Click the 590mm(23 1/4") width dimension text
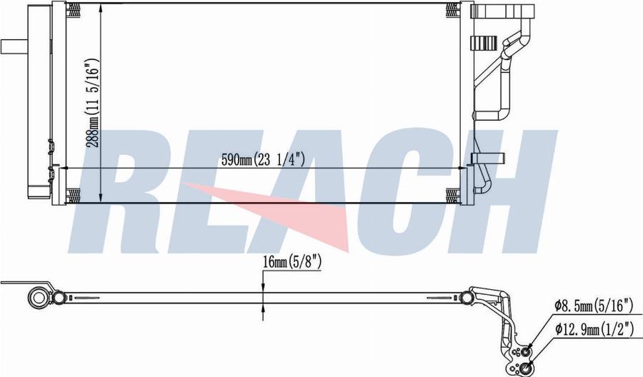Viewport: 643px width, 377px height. pos(262,160)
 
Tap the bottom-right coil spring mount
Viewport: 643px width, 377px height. pos(452,194)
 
